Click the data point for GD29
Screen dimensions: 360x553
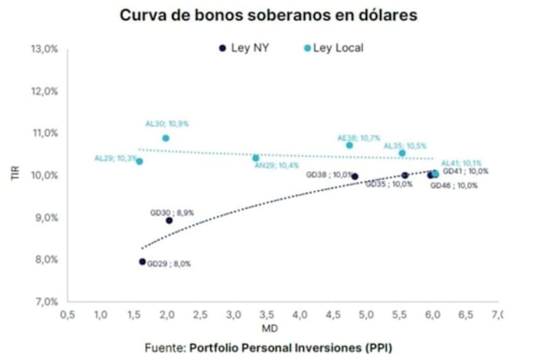(x=142, y=262)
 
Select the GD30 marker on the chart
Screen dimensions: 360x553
(x=169, y=220)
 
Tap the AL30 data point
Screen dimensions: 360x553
(x=166, y=138)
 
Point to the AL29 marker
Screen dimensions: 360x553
(x=140, y=161)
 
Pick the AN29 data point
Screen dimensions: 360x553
(x=256, y=158)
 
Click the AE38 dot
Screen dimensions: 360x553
(x=350, y=145)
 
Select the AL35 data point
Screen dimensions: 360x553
(x=402, y=153)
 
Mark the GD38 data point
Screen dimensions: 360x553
(x=355, y=176)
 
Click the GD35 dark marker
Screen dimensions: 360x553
(x=405, y=176)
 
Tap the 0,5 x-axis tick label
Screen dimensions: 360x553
(x=67, y=315)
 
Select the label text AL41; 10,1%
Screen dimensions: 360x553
(x=461, y=163)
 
